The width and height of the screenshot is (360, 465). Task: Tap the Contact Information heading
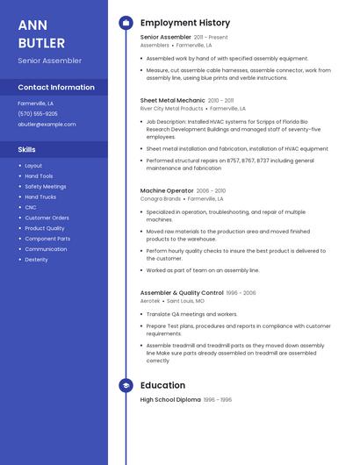click(56, 88)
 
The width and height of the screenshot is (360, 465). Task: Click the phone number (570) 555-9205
click(38, 113)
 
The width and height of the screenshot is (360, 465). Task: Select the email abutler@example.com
click(47, 124)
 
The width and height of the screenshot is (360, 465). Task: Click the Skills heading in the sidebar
click(26, 149)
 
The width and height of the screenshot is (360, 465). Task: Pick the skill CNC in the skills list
click(31, 207)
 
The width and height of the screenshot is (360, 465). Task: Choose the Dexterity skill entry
click(36, 259)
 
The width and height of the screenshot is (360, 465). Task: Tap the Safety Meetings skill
click(45, 186)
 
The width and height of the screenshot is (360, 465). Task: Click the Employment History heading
click(185, 23)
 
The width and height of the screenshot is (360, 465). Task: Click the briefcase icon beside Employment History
click(126, 23)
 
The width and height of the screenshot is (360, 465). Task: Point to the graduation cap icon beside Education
click(126, 385)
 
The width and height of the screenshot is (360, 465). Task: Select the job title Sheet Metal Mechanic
click(172, 100)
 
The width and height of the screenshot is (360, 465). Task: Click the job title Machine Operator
click(166, 190)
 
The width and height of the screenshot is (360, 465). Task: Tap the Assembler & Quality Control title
click(182, 292)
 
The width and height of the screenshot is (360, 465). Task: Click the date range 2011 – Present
click(211, 37)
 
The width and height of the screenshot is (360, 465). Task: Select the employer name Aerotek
click(150, 301)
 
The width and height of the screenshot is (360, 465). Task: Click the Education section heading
click(162, 385)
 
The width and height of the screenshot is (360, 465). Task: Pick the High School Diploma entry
click(170, 400)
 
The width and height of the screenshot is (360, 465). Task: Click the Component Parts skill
click(47, 239)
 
